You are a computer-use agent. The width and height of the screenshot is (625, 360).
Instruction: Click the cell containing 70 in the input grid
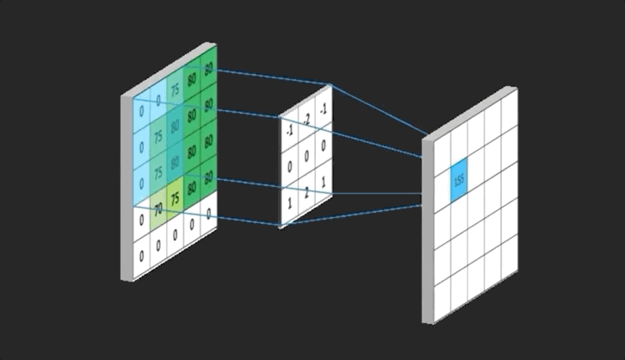(158, 208)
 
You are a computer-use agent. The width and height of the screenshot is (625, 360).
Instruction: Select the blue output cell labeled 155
(459, 179)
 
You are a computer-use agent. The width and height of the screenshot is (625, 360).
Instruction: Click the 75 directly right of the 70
(175, 198)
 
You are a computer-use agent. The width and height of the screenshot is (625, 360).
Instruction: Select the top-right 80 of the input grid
(208, 71)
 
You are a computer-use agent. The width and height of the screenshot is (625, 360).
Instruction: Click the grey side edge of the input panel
(126, 185)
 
